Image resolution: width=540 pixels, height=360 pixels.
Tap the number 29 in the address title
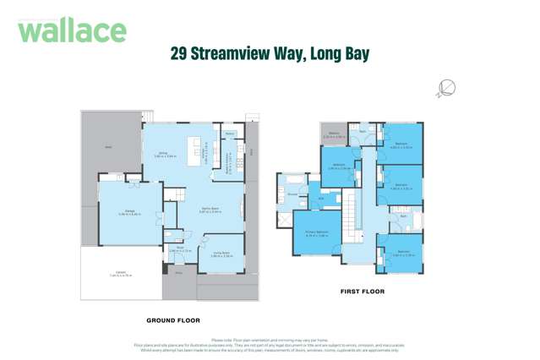pos(179,54)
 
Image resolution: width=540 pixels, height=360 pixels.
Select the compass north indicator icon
pos(447,87)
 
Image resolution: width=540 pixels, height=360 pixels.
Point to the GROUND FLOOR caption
pos(172,320)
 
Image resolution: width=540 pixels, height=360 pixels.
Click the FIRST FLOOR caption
pos(362,292)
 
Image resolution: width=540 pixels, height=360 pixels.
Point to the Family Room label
pos(210,209)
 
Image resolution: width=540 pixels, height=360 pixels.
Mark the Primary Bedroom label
pos(316,234)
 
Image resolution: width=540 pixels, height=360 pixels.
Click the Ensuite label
pos(292,194)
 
